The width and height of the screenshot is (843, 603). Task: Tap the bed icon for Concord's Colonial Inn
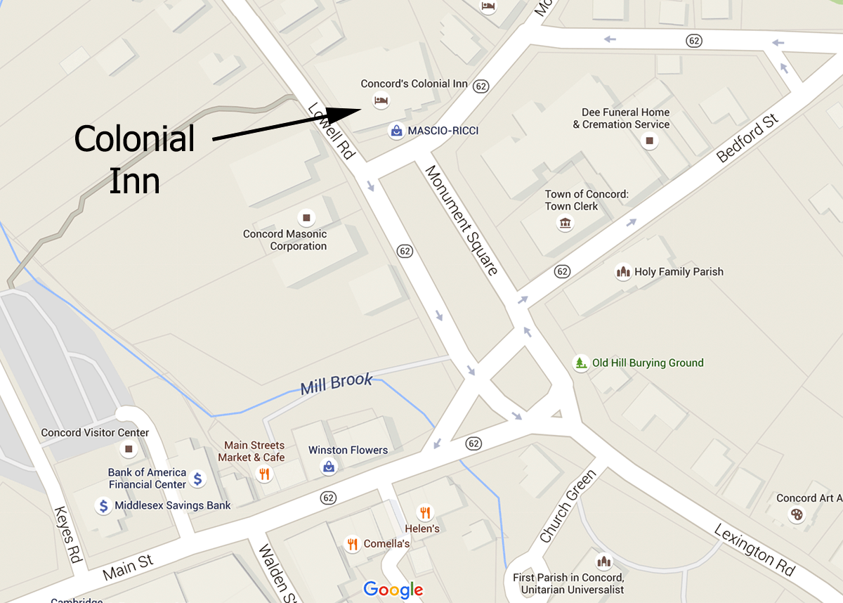380,100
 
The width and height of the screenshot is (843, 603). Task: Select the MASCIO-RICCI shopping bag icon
396,131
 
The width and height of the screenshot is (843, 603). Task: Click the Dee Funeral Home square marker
649,141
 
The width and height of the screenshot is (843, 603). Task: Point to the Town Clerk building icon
565,223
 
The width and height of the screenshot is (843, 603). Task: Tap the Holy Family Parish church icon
622,272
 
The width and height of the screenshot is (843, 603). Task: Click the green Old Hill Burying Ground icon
580,363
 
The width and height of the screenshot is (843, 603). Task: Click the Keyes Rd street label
68,535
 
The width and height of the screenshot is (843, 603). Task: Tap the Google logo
393,590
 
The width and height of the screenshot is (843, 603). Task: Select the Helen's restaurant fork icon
424,512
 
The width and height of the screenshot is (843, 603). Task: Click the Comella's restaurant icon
353,543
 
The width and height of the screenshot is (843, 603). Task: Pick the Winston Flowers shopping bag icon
328,467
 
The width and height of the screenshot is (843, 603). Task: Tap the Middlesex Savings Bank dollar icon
103,505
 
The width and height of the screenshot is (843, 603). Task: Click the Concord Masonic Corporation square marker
306,217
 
